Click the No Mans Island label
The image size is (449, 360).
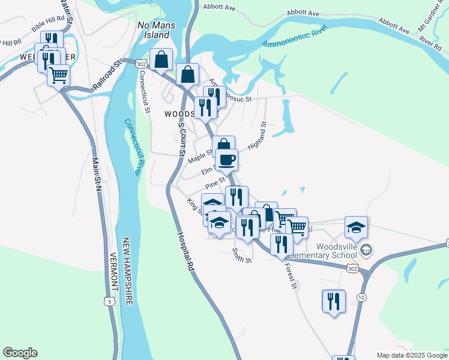click(x=154, y=30)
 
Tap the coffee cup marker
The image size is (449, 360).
click(x=226, y=160)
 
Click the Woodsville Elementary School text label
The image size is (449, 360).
click(x=333, y=250)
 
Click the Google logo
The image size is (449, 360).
click(x=20, y=353)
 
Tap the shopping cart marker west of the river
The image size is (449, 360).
click(x=58, y=75)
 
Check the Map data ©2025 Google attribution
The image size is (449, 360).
click(x=411, y=355)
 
